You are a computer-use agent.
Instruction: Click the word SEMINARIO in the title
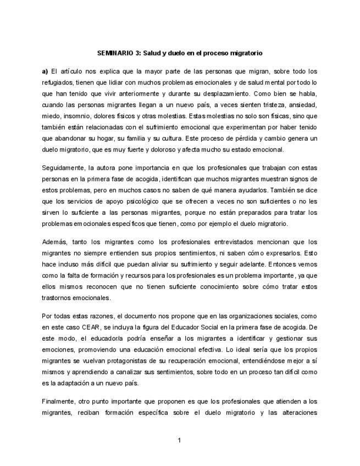click(115, 53)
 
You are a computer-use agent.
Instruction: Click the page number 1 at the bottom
click(179, 440)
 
